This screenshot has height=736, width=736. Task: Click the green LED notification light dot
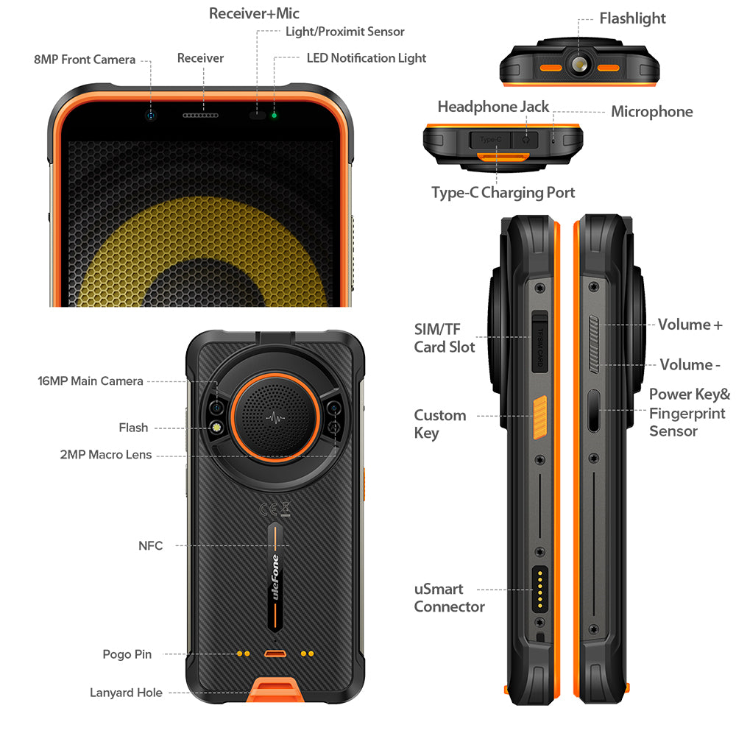click(x=274, y=115)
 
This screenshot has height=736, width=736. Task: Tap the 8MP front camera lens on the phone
click(x=150, y=116)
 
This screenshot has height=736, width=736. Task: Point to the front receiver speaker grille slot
click(x=200, y=115)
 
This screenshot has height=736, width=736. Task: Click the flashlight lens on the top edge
click(x=579, y=63)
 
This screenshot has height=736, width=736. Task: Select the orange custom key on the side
click(x=539, y=417)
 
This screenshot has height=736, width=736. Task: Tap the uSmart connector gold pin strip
click(x=539, y=589)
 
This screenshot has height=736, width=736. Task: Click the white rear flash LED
click(x=217, y=428)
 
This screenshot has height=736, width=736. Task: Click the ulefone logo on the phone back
click(x=275, y=577)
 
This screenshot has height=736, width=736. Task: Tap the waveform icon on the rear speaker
click(x=275, y=417)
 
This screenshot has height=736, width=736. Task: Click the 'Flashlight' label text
click(x=632, y=18)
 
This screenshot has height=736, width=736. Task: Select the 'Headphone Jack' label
click(x=493, y=107)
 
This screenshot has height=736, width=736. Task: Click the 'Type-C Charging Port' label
click(x=503, y=192)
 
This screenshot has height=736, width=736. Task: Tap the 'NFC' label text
click(x=150, y=545)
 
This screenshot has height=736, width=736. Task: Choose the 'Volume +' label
click(x=690, y=325)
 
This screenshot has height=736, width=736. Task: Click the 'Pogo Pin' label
click(x=127, y=654)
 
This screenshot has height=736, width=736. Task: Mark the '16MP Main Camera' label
click(x=90, y=381)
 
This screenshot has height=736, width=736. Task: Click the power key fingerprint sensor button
click(x=594, y=411)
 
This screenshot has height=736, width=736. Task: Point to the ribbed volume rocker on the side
click(x=594, y=344)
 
